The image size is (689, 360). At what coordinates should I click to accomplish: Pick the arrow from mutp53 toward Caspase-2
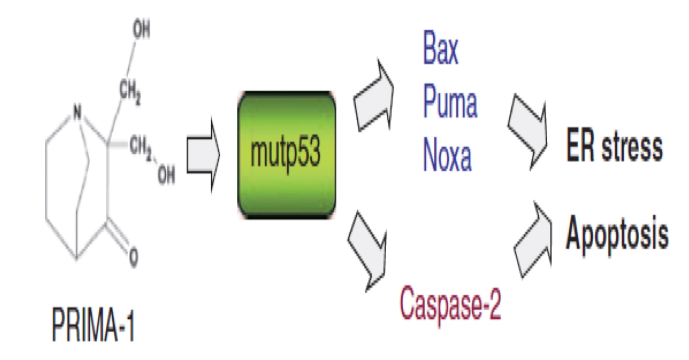click(367, 250)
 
